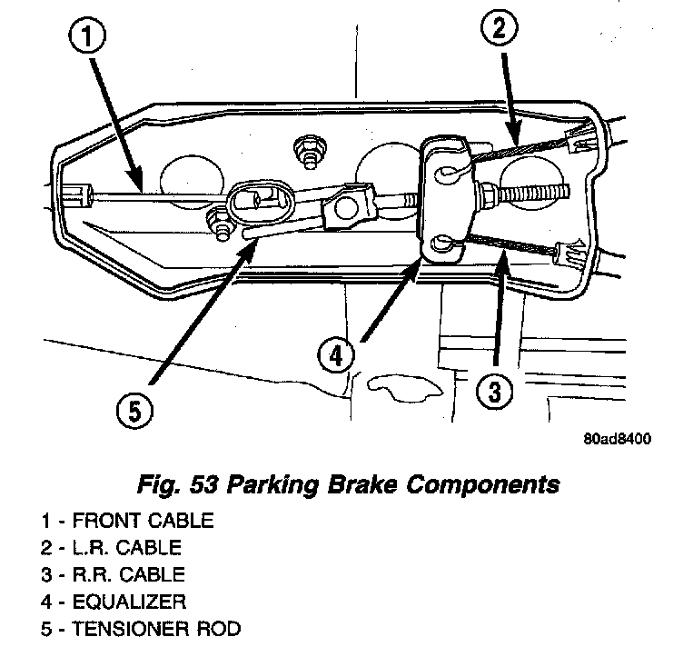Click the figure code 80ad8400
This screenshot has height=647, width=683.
point(616,437)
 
